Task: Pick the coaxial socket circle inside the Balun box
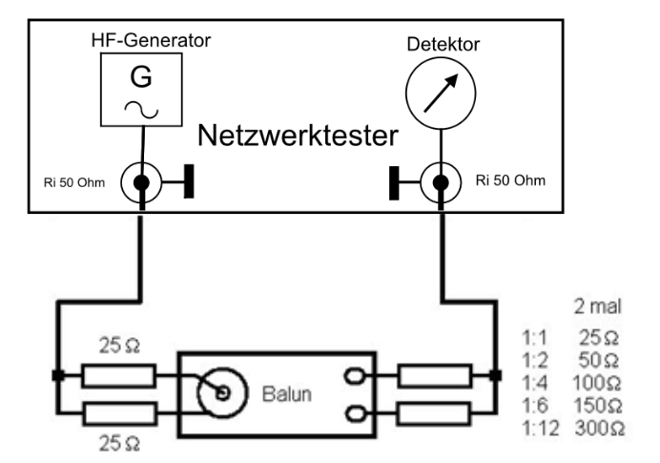point(220,391)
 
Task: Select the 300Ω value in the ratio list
point(599,429)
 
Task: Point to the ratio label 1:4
point(535,383)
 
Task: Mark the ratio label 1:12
point(539,429)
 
